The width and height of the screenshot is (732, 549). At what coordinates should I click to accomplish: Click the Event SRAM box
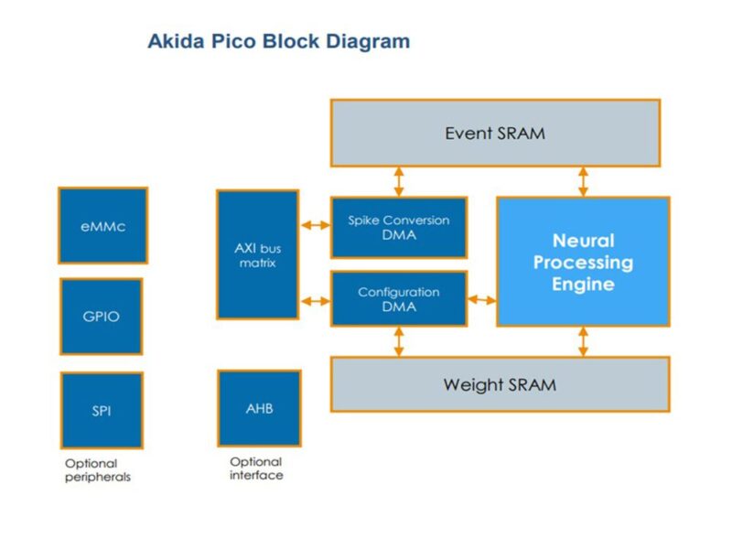[x=494, y=133]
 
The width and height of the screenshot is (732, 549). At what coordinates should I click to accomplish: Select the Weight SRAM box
[x=500, y=384]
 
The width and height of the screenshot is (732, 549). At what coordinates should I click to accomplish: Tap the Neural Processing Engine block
[x=583, y=262]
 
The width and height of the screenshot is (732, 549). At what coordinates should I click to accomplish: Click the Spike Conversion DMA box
[x=398, y=227]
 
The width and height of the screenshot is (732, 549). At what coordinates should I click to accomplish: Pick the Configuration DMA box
[x=398, y=298]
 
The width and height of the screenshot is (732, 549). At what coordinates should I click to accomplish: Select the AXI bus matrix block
[x=257, y=254]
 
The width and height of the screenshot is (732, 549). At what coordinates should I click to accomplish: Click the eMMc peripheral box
[x=102, y=226]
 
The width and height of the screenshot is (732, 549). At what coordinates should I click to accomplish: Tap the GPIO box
[x=102, y=317]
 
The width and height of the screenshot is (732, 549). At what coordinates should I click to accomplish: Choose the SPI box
[x=102, y=410]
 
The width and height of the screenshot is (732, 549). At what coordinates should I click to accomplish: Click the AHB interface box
[x=259, y=408]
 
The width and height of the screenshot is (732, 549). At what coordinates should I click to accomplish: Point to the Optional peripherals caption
[x=98, y=470]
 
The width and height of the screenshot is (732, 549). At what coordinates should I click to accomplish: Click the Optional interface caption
[x=256, y=468]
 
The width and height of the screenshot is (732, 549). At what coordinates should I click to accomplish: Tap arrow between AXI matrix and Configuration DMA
[x=315, y=299]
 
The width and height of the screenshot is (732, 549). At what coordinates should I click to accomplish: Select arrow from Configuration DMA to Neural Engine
[x=481, y=299]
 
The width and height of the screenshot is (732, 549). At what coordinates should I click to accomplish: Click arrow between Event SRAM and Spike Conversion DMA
[x=399, y=181]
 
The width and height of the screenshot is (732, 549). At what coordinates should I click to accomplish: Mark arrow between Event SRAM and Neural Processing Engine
[x=583, y=181]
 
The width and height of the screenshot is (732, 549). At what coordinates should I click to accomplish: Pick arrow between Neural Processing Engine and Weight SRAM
[x=583, y=341]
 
